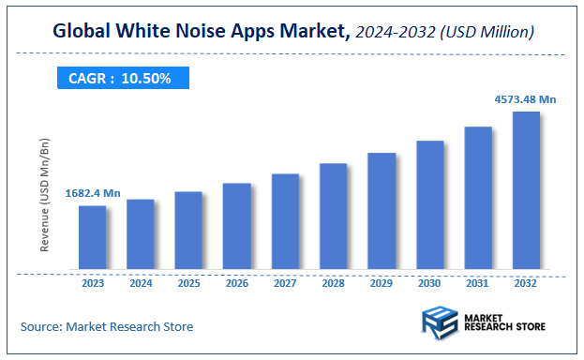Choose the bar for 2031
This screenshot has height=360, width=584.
(x=478, y=198)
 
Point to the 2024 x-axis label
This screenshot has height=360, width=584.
(x=141, y=282)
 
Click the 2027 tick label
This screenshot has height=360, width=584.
(x=285, y=282)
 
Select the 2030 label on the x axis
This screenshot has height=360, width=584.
(x=429, y=282)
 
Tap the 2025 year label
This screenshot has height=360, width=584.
(x=188, y=282)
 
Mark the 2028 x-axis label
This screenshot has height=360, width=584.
(x=333, y=282)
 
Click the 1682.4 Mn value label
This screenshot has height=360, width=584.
(x=93, y=193)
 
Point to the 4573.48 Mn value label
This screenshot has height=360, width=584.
(x=524, y=98)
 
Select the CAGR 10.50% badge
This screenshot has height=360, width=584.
(x=120, y=79)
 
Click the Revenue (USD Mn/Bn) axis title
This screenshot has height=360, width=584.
(x=45, y=195)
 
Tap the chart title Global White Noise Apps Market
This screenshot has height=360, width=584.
(x=201, y=33)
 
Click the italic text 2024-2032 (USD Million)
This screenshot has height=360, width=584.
(x=446, y=33)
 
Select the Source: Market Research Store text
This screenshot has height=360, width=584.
(x=107, y=326)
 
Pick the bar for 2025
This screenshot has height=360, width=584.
(x=188, y=231)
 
